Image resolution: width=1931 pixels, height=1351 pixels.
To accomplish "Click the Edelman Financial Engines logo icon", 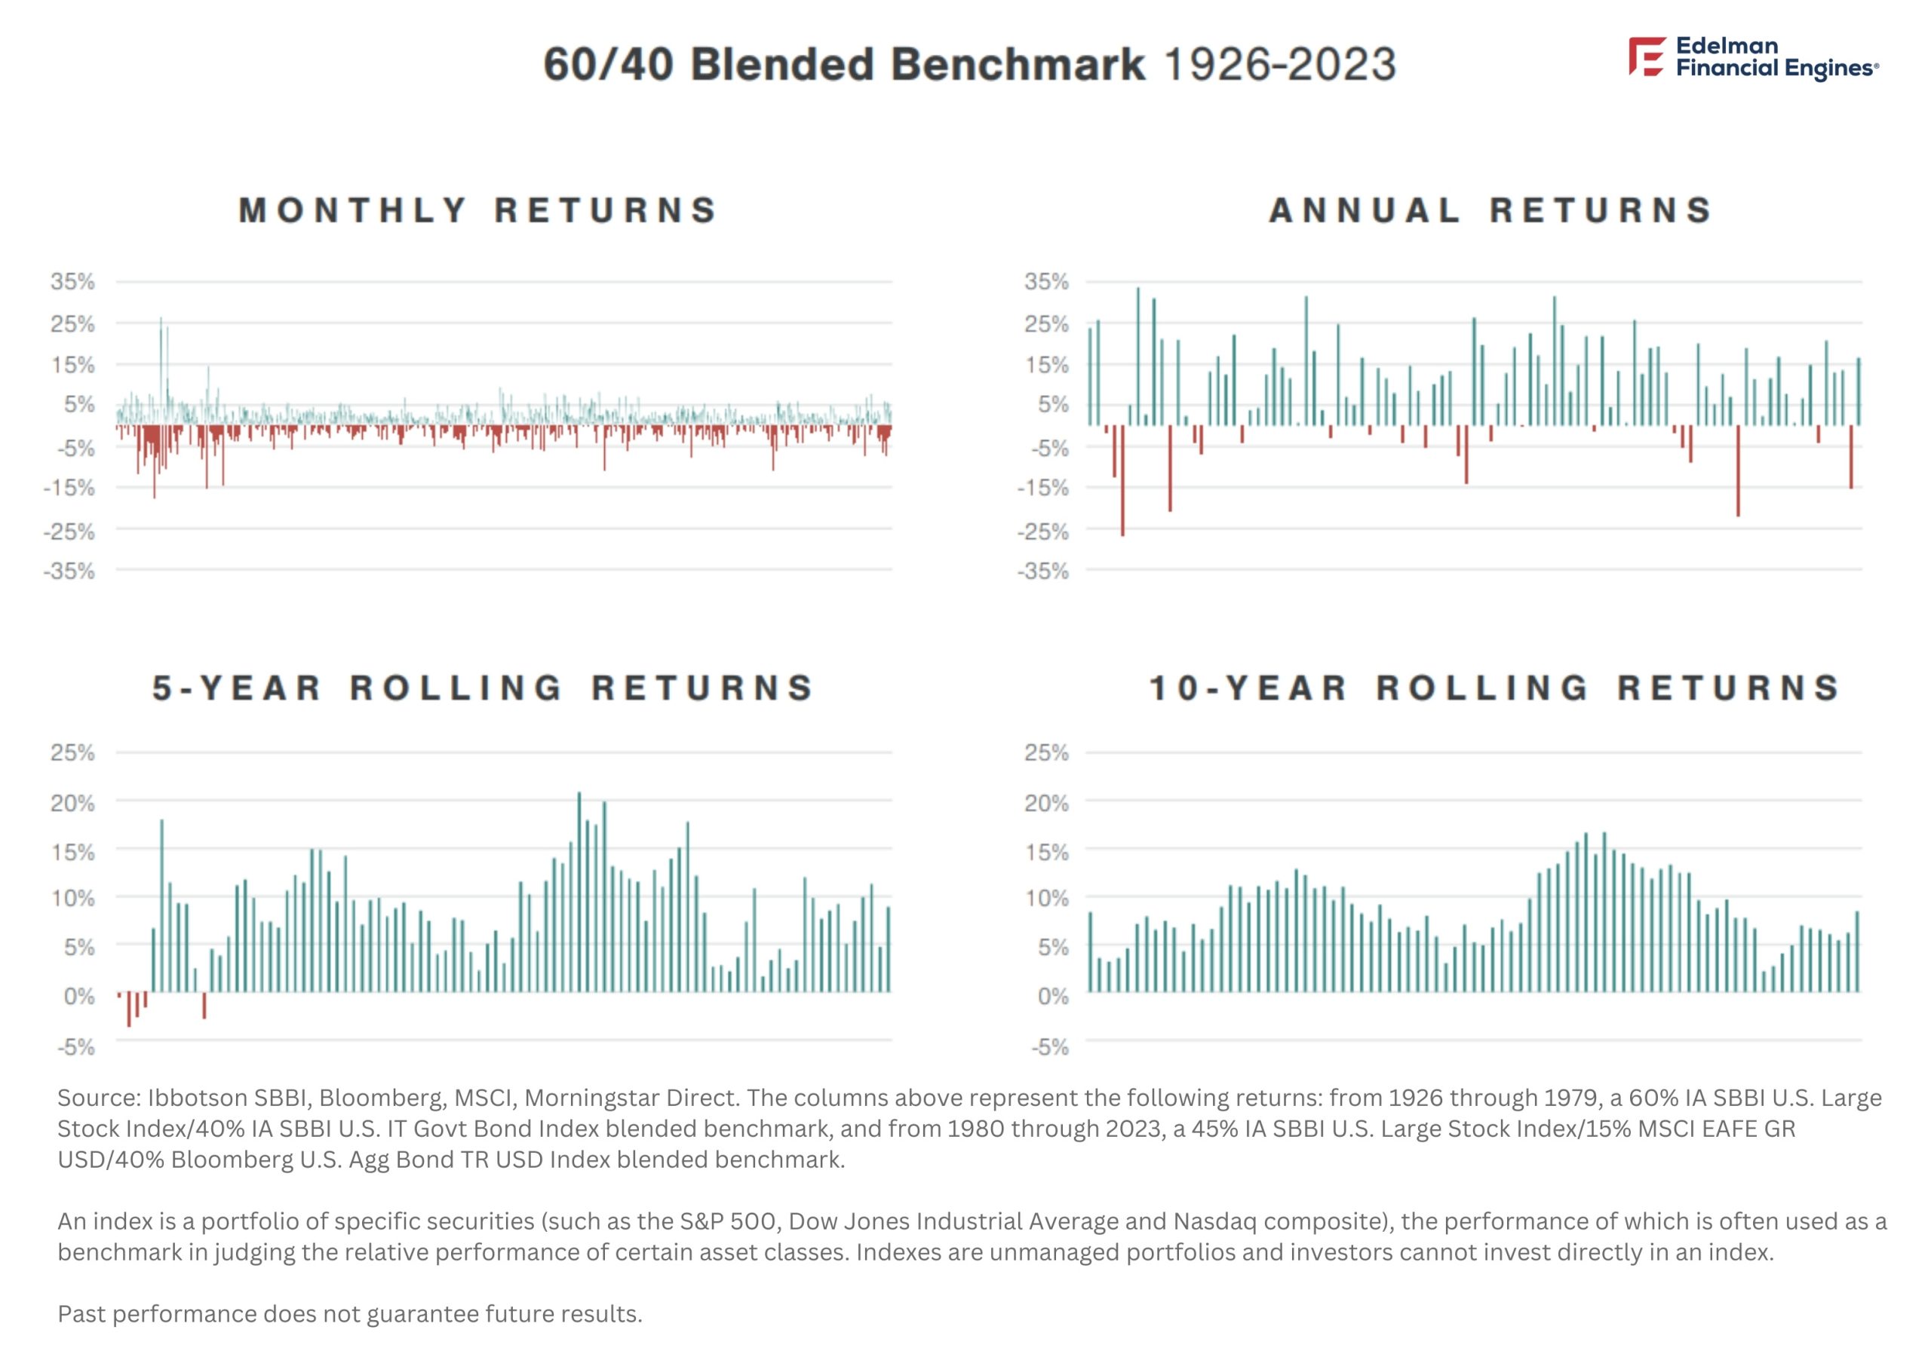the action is (1647, 57).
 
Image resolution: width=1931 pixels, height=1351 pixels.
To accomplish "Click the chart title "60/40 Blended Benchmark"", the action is (843, 64).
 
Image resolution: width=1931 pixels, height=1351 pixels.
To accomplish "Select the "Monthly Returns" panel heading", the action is (477, 210).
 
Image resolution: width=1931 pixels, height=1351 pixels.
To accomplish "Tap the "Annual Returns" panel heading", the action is (1490, 210).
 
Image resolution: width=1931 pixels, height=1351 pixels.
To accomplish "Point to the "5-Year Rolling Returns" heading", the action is (483, 688).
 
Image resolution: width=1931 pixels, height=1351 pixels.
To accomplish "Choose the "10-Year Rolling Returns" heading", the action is (1494, 688).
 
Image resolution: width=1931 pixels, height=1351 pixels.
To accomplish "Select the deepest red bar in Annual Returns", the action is (1122, 480).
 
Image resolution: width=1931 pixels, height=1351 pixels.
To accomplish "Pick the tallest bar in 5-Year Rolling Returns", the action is (579, 892).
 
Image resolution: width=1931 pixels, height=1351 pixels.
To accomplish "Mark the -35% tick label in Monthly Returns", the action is (71, 571).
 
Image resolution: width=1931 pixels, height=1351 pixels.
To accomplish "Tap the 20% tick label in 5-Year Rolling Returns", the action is (72, 803).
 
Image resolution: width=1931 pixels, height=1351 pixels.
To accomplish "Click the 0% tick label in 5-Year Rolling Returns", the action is (80, 996).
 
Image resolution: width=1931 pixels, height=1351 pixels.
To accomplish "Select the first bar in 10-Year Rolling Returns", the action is (1090, 952).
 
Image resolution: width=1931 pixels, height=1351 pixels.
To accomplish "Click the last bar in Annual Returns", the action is (1859, 392).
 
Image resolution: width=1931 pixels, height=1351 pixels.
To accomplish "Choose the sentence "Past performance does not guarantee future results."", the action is (350, 1314).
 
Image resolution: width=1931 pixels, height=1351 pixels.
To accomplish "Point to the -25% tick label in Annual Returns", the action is (1043, 532).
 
